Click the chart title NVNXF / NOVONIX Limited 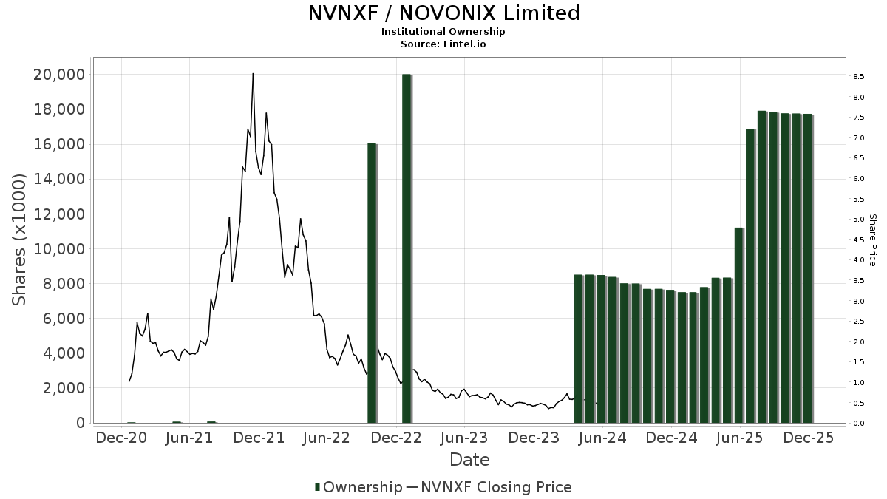[443, 13]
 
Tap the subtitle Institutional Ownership [443, 32]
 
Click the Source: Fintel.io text [443, 44]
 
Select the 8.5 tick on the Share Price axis [859, 77]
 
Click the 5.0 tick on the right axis [859, 220]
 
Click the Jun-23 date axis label [463, 438]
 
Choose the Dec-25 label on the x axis [809, 438]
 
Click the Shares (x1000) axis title [20, 240]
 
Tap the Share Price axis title [872, 240]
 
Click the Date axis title [469, 460]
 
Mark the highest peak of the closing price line [253, 74]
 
